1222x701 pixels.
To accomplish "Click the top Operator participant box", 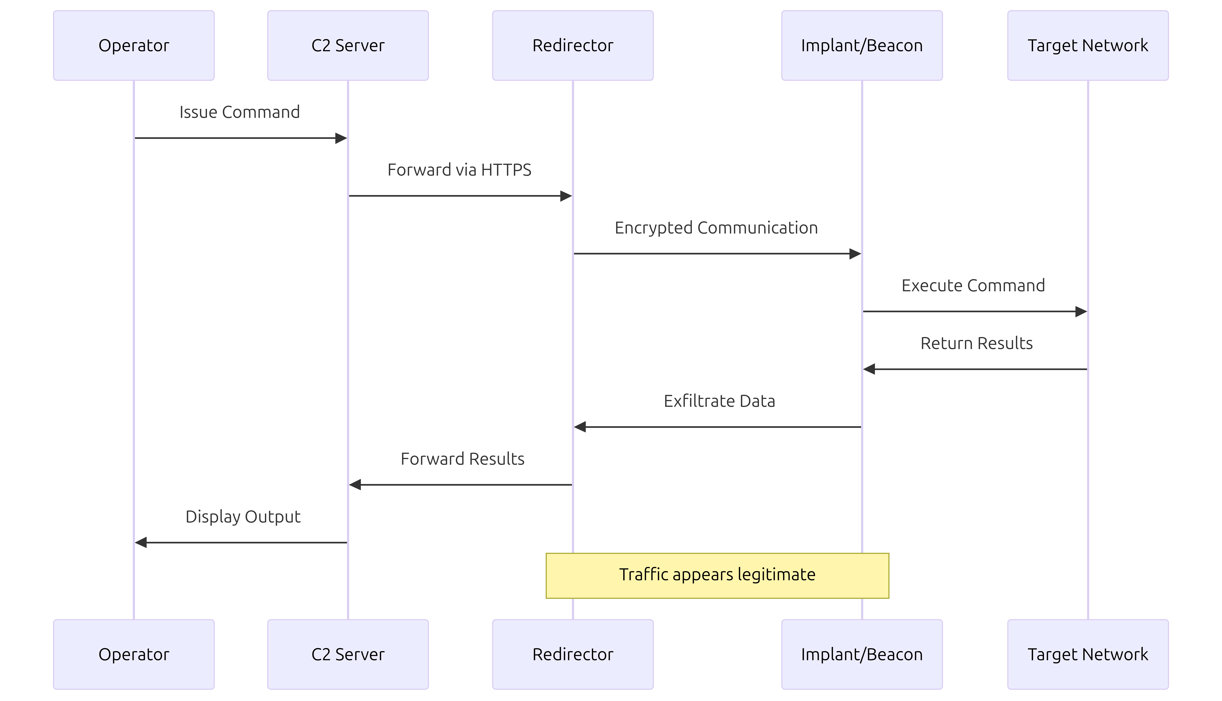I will pos(133,45).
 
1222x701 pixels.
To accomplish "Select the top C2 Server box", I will pos(348,45).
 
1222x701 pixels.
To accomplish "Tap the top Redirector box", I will pos(573,45).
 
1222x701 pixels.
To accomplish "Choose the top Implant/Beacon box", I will pos(862,45).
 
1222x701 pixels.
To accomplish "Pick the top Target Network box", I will pos(1088,45).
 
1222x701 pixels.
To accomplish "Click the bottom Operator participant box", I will pos(133,654).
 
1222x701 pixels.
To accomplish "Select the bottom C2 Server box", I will pos(348,654).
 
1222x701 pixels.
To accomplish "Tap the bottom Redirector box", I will pos(573,654).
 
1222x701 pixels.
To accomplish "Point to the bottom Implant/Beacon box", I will pos(862,654).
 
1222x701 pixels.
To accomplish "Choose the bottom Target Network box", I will pos(1088,654).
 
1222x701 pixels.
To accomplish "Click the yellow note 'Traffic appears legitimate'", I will pos(717,575).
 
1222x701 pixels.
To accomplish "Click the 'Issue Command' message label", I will pos(239,112).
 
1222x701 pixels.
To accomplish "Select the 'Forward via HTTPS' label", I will pos(460,170).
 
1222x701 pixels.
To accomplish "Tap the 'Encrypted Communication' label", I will pos(716,228).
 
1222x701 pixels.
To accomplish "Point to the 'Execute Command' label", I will pos(973,285).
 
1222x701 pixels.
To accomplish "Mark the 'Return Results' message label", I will pos(976,343).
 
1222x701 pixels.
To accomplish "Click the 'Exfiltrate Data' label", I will pos(719,401).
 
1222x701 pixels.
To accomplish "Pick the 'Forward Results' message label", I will pos(462,459).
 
